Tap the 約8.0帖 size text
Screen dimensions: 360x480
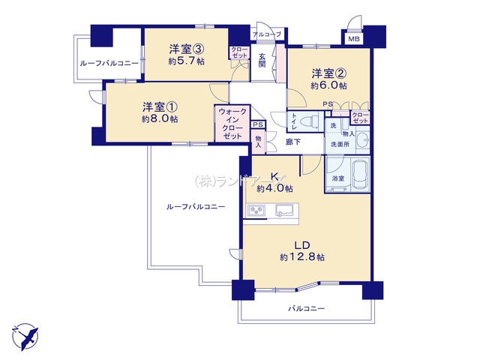[x=159, y=118]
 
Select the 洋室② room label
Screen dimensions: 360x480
[x=328, y=73]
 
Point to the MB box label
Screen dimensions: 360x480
[x=353, y=39]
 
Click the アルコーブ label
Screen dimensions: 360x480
[x=267, y=34]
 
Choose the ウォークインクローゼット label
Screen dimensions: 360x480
[x=231, y=124]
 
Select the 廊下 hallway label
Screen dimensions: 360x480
[x=294, y=140]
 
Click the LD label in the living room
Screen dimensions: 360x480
[x=302, y=244]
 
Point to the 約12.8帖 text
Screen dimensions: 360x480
[x=302, y=257]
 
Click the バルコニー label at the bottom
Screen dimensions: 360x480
[x=308, y=308]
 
